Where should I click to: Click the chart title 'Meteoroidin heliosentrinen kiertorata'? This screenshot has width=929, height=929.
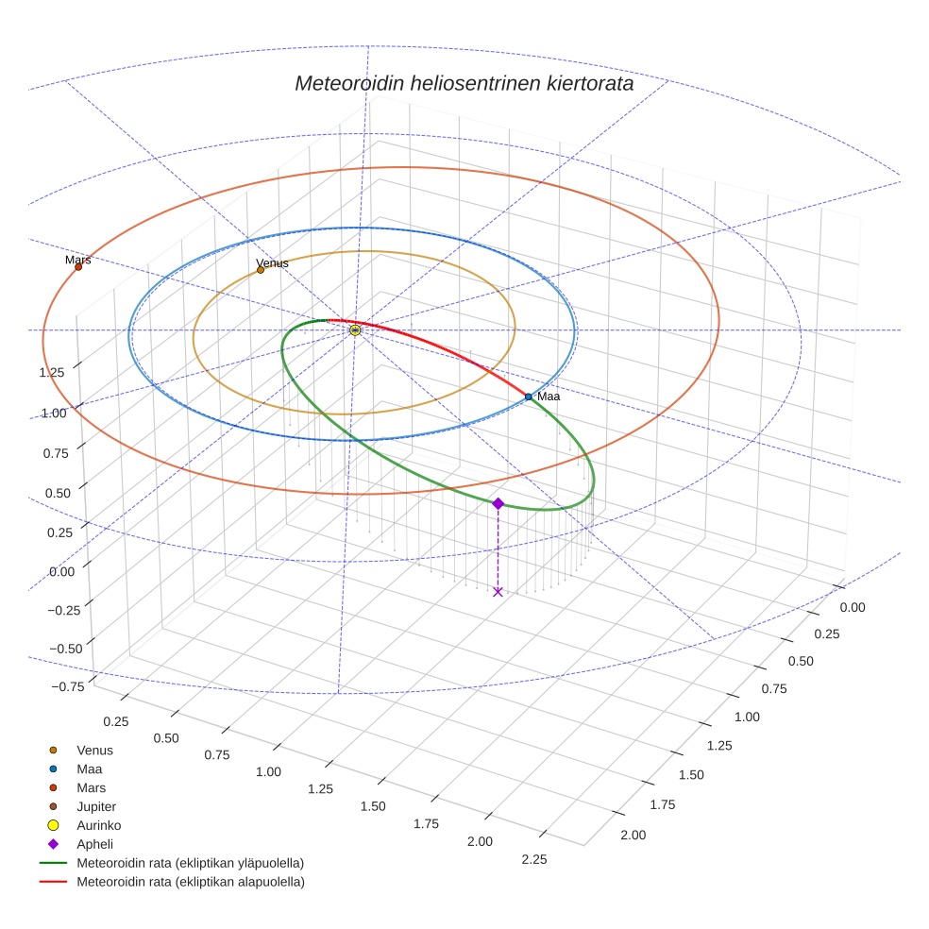tap(464, 83)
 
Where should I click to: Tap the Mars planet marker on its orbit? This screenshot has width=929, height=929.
tap(78, 267)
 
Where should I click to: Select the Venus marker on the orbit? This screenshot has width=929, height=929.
tap(261, 270)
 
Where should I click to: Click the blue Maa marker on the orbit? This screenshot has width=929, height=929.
tap(528, 397)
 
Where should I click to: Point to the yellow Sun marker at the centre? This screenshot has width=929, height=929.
tap(355, 330)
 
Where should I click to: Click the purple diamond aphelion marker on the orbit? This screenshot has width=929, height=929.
tap(498, 504)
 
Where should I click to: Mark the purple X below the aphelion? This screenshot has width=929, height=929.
tap(498, 592)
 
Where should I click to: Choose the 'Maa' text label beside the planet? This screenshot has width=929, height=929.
tap(549, 397)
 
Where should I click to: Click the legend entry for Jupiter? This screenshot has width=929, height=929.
tap(96, 806)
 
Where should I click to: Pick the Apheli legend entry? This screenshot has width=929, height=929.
tap(94, 844)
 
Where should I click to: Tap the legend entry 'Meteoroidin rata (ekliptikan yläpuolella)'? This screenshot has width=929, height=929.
tap(190, 863)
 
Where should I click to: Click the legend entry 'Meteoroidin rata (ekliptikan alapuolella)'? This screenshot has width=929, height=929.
tap(190, 882)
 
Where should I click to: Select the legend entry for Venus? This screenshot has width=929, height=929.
tap(94, 750)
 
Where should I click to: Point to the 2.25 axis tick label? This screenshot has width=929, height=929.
tap(534, 858)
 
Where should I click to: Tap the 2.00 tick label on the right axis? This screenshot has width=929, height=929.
tap(633, 835)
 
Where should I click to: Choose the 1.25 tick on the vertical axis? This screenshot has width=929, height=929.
tap(52, 372)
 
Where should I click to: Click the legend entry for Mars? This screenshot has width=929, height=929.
tap(91, 787)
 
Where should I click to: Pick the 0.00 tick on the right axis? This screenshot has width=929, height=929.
tap(852, 608)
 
